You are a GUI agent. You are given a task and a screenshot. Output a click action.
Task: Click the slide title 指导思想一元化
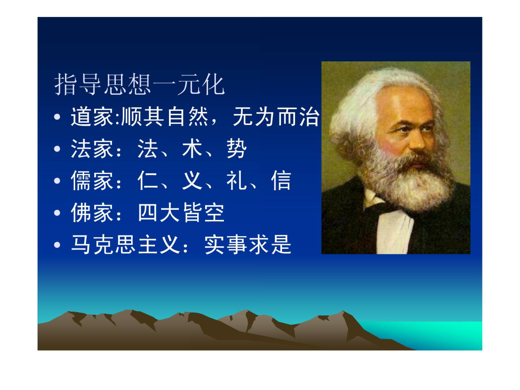139,84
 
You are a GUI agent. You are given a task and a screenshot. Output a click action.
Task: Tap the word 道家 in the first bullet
92,117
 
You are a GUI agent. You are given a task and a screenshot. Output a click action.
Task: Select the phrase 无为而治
276,117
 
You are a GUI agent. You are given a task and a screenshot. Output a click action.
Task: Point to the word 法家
92,149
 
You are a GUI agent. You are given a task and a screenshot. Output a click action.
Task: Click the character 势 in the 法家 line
237,149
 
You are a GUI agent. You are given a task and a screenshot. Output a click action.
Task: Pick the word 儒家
92,180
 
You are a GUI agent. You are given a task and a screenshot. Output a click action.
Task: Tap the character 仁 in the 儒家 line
148,180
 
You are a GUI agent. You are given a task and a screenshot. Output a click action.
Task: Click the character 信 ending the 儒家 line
281,180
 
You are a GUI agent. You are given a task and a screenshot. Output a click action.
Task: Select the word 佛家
92,213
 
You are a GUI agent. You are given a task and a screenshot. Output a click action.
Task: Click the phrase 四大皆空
181,213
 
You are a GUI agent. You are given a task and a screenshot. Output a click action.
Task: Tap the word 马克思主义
126,245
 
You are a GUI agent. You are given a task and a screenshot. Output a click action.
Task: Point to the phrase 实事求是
248,245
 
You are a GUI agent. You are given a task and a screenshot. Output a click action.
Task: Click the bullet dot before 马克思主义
57,245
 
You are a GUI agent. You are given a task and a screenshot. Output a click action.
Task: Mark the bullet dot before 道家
57,117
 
